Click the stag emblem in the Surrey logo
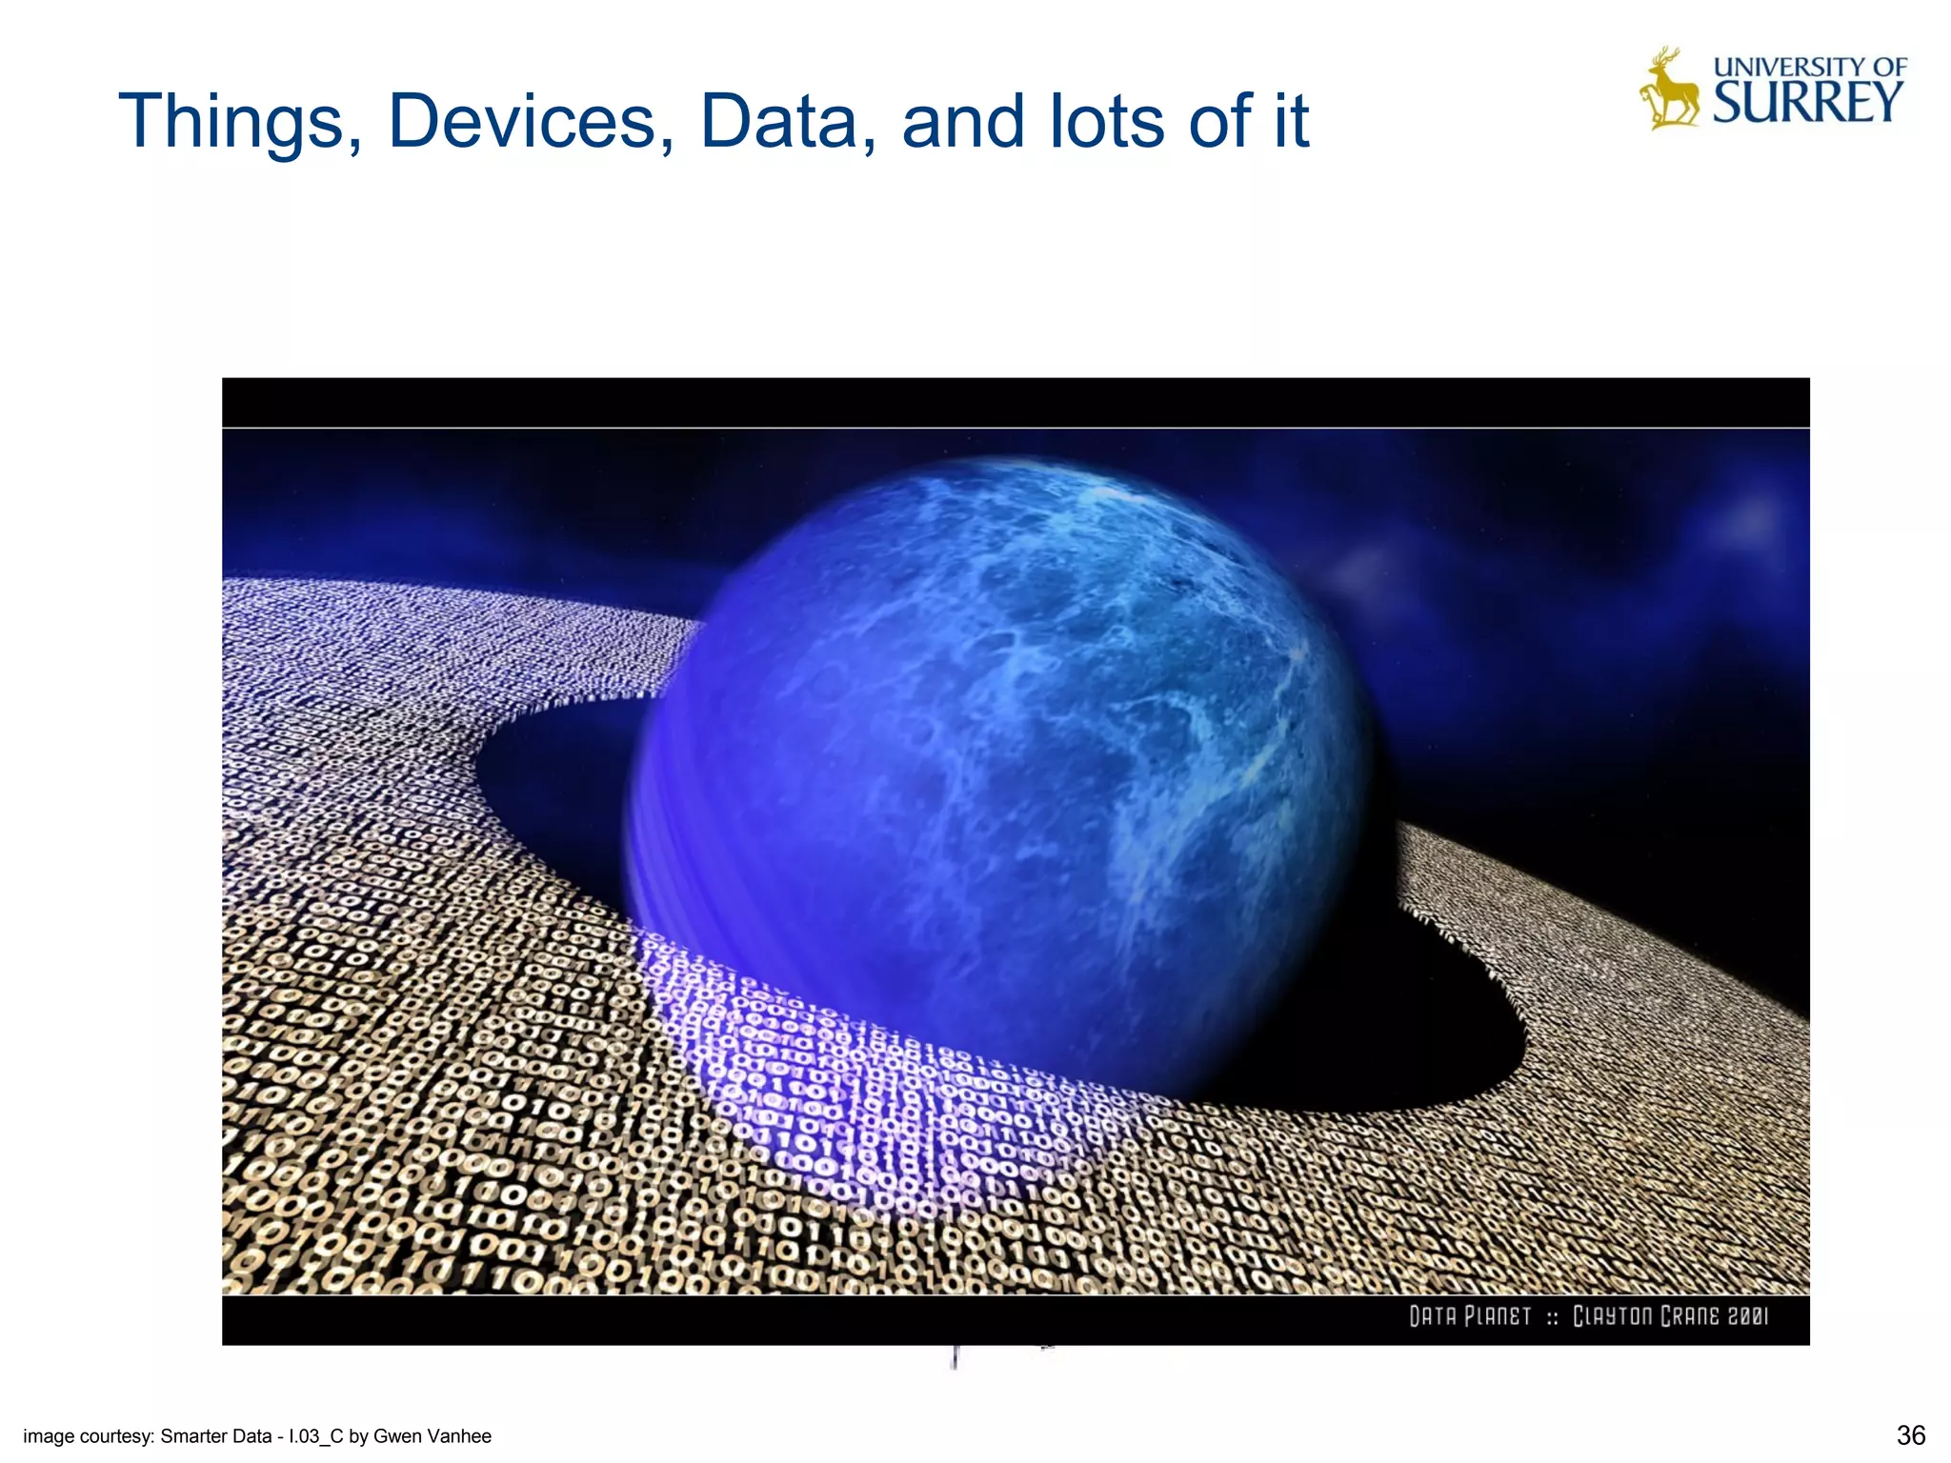click(x=1669, y=89)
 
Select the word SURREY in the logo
click(x=1808, y=103)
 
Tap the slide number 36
click(x=1911, y=1434)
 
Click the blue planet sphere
click(x=1000, y=762)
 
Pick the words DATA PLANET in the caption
click(x=1470, y=1316)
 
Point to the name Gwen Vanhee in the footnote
click(x=432, y=1436)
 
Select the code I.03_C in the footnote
click(x=315, y=1436)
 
